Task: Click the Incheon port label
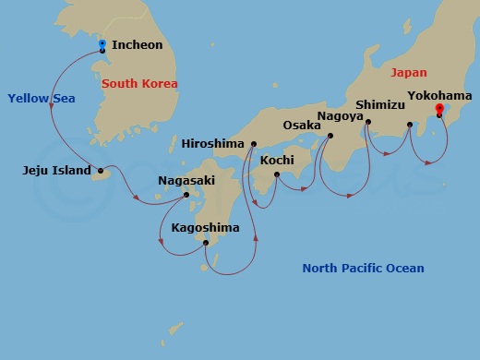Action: click(x=137, y=45)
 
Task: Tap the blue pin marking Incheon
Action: click(x=102, y=44)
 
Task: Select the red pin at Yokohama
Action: click(x=438, y=109)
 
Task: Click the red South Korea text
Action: click(x=139, y=84)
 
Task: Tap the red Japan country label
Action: click(x=409, y=71)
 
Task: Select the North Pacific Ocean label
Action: click(x=363, y=269)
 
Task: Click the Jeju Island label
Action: click(x=56, y=170)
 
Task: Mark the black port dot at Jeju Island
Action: click(x=100, y=170)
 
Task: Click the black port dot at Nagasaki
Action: click(x=186, y=195)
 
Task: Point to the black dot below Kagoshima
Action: click(x=205, y=244)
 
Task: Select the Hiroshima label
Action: click(x=213, y=144)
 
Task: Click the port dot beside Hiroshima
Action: click(x=251, y=145)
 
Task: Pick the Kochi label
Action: click(x=277, y=160)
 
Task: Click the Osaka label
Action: click(x=301, y=125)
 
